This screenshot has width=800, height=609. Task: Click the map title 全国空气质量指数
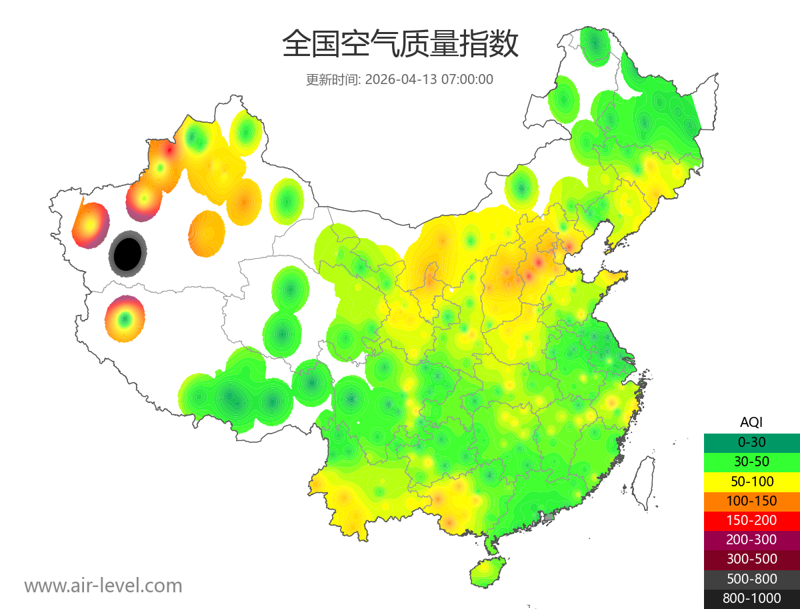pyautogui.click(x=400, y=45)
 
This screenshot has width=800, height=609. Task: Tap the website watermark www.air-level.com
pyautogui.click(x=103, y=586)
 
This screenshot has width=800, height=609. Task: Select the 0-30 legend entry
pyautogui.click(x=751, y=442)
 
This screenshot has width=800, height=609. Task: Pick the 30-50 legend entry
pyautogui.click(x=751, y=461)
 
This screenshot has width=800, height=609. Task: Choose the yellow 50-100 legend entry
pyautogui.click(x=751, y=481)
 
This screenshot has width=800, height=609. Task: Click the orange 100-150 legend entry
pyautogui.click(x=751, y=500)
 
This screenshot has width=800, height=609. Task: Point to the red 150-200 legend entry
pyautogui.click(x=751, y=520)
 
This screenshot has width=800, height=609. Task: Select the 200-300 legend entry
pyautogui.click(x=751, y=540)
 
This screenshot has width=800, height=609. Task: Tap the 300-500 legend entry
pyautogui.click(x=751, y=559)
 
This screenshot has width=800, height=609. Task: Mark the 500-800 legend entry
pyautogui.click(x=751, y=579)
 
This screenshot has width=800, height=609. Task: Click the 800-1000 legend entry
pyautogui.click(x=751, y=598)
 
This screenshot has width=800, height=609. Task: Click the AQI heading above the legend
pyautogui.click(x=751, y=422)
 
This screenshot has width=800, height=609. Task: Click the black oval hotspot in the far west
pyautogui.click(x=128, y=253)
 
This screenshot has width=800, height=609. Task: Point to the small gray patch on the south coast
pyautogui.click(x=549, y=516)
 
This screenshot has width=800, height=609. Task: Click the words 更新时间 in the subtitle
pyautogui.click(x=332, y=79)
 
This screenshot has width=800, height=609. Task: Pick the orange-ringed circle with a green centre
pyautogui.click(x=125, y=319)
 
